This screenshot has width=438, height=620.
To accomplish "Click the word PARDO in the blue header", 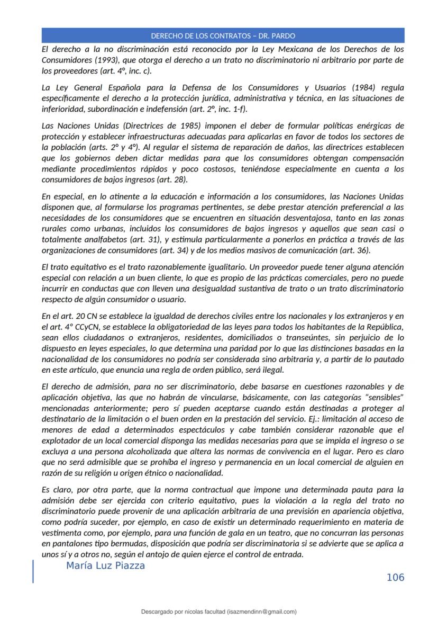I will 282,36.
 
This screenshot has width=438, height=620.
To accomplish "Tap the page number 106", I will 395,577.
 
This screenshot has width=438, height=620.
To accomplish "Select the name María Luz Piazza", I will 106,566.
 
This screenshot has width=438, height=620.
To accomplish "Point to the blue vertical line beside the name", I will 33,571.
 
